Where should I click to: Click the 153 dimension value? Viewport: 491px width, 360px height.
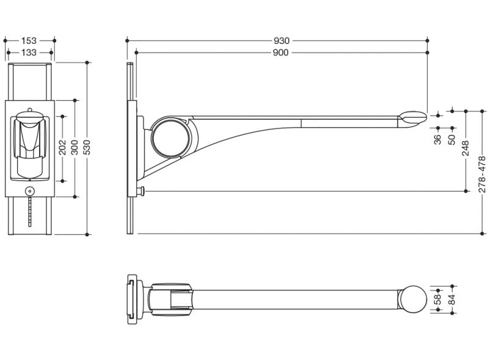(29, 41)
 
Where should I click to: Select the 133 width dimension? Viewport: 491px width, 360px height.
(29, 52)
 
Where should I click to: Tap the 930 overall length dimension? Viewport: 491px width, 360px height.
(282, 41)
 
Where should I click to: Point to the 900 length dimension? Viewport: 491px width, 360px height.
(280, 52)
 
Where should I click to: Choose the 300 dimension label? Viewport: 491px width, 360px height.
(75, 147)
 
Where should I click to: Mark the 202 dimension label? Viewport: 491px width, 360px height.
(63, 147)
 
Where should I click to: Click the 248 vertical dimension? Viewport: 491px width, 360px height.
(465, 148)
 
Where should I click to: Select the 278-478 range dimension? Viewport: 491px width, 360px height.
(482, 175)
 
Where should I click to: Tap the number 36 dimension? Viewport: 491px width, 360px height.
(438, 139)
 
